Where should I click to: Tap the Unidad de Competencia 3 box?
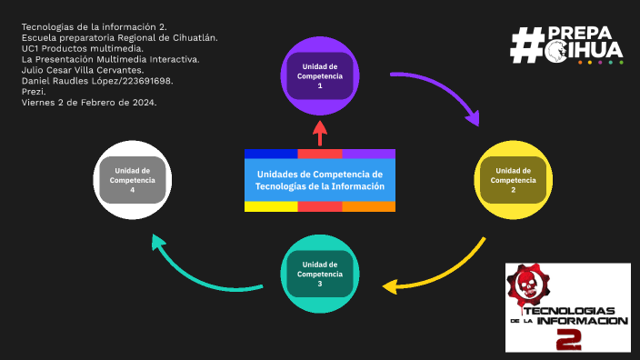(319, 274)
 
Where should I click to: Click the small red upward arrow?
(319, 133)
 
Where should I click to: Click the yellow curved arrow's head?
(391, 287)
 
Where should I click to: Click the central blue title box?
(320, 180)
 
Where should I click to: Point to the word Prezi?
(34, 91)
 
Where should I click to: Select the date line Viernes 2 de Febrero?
(89, 102)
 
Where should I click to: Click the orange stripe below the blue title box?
(368, 206)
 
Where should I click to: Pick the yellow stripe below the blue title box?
(271, 206)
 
